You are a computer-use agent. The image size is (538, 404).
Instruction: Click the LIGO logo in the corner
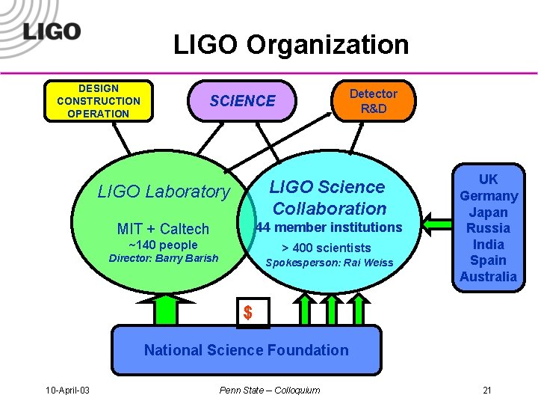tap(52, 31)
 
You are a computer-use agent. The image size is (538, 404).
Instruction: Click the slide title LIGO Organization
tap(291, 45)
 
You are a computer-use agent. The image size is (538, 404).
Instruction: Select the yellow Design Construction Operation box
tap(98, 101)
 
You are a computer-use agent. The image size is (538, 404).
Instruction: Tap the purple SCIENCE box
tap(243, 101)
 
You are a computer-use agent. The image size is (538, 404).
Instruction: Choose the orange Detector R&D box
tap(374, 101)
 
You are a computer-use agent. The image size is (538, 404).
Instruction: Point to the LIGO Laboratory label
tap(164, 192)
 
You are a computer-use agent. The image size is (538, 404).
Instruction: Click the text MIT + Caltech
tap(163, 228)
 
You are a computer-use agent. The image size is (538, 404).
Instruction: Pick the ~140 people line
tap(163, 245)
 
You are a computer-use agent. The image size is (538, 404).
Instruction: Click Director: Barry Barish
tap(164, 259)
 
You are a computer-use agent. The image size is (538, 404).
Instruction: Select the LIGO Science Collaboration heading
tap(328, 198)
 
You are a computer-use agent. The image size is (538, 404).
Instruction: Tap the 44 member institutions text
tap(329, 227)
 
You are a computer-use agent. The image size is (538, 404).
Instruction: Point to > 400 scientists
tap(326, 248)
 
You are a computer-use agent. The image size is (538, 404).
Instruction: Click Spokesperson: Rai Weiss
tap(330, 263)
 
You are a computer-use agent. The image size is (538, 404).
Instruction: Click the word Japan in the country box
tap(489, 212)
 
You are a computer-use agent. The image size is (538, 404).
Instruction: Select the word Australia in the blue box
tap(489, 277)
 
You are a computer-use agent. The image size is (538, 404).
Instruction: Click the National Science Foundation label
tap(247, 349)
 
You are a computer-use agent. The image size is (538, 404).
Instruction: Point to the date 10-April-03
tap(68, 390)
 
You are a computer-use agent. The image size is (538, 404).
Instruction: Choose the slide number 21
tap(487, 390)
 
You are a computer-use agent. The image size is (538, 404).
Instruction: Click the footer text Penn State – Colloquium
tap(270, 390)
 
